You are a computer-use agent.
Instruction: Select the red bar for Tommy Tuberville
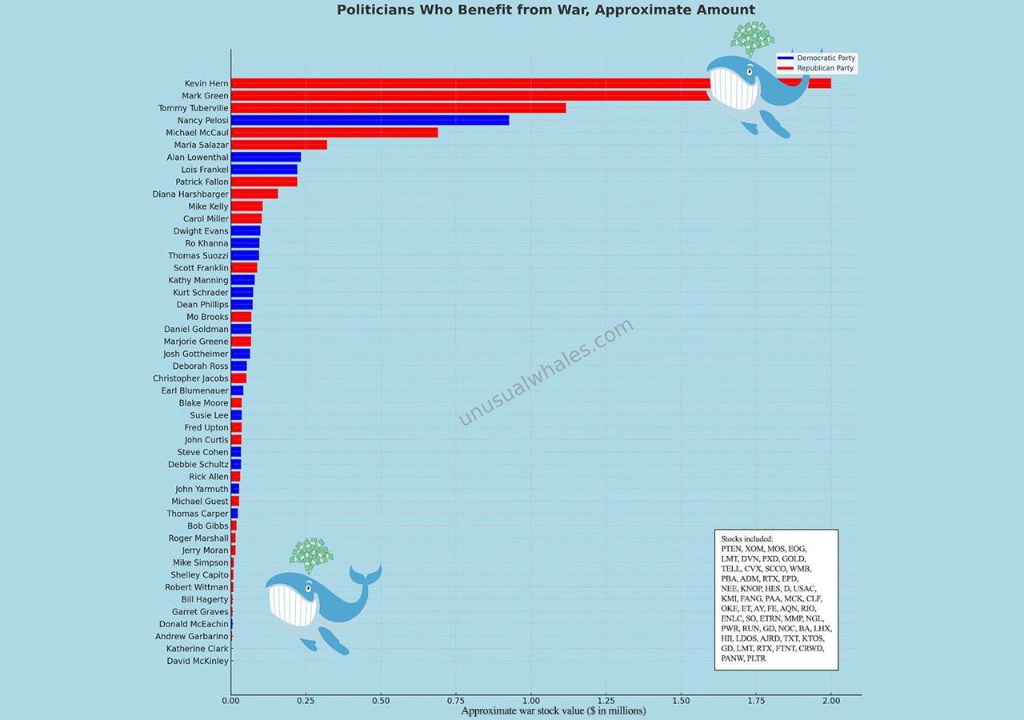[x=398, y=108]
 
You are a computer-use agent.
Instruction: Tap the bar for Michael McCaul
[x=334, y=132]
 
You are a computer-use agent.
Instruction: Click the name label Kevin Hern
[x=206, y=83]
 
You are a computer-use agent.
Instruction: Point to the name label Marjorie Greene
[x=196, y=342]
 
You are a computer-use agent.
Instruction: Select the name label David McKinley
[x=198, y=661]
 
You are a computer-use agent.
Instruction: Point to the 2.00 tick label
[x=831, y=700]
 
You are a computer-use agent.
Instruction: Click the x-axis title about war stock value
[x=554, y=710]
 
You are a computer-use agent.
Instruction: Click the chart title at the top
[x=546, y=10]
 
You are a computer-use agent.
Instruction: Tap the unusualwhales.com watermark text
[x=546, y=372]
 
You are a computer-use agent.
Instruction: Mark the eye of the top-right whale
[x=750, y=71]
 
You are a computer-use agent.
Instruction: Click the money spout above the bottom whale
[x=310, y=553]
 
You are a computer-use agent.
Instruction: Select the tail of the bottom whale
[x=369, y=574]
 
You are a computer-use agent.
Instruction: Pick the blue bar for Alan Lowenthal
[x=266, y=157]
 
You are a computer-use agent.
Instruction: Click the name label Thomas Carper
[x=198, y=514]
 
